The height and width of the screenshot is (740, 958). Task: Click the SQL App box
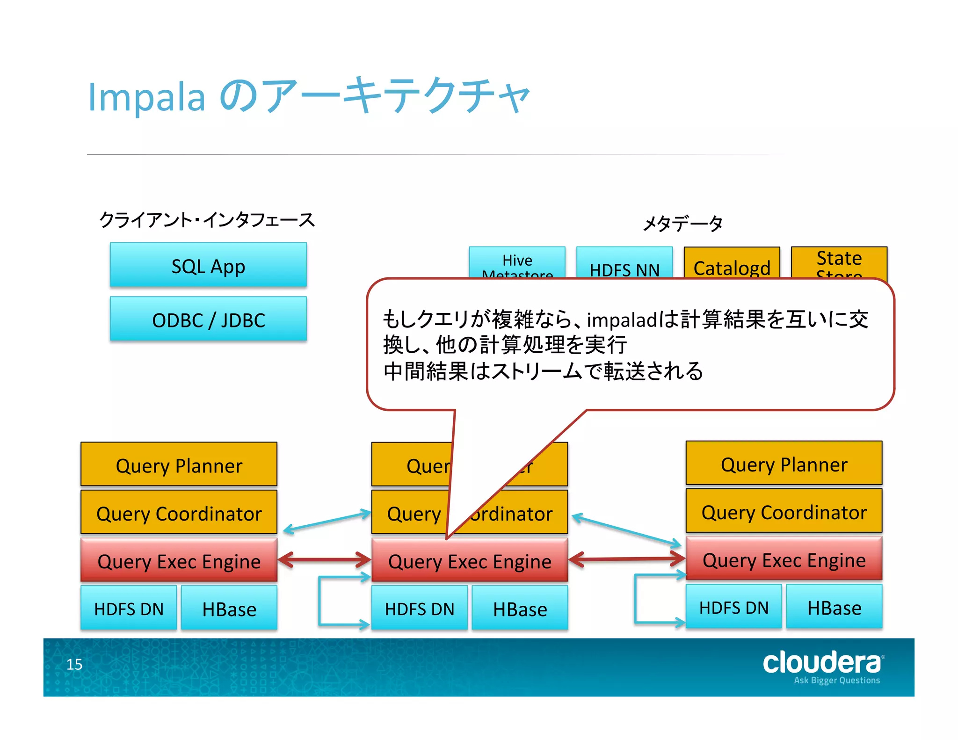coord(208,265)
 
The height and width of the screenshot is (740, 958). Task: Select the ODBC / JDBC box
coord(208,319)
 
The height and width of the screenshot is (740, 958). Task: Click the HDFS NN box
coord(624,262)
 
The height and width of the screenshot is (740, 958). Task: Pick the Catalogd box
coord(732,263)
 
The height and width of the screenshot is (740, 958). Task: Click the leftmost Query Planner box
coord(179,464)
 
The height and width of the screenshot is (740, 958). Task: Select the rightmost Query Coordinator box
coord(784,511)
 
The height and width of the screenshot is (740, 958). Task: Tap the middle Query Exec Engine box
coord(469,560)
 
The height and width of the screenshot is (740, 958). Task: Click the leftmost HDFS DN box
coord(129,608)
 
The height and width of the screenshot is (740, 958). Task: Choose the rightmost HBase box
coord(834,607)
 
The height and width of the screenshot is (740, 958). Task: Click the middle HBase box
coord(520,608)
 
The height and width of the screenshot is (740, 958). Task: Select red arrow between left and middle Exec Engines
coord(324,559)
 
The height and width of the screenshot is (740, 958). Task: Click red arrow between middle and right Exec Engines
coord(626,559)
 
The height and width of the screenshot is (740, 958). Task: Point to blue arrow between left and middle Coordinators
coord(326,522)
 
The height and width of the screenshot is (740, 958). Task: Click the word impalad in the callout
coord(621,320)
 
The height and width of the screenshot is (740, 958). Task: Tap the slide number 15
coord(74,664)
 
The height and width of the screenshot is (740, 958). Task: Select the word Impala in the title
coord(146,97)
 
